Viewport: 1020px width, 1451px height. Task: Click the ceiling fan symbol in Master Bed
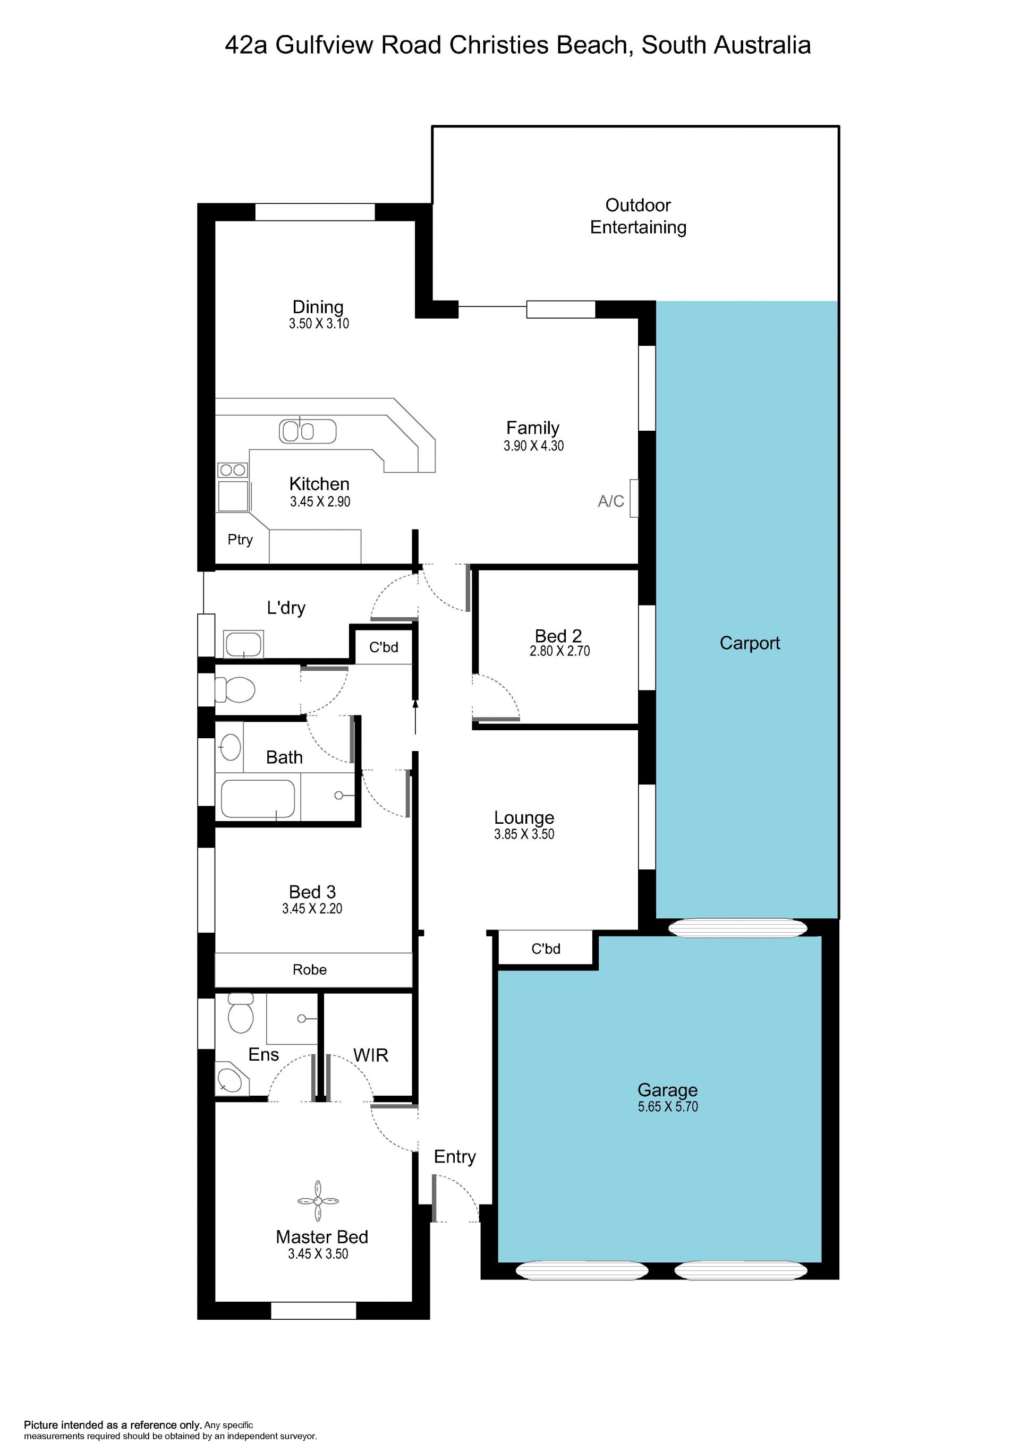tap(318, 1201)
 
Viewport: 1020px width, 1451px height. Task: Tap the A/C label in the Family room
tap(610, 501)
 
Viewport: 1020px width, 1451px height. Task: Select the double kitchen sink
tap(307, 432)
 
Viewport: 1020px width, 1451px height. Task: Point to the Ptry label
tap(240, 540)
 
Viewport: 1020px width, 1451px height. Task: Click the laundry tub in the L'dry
tap(243, 645)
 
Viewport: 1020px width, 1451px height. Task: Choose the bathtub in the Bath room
tap(258, 799)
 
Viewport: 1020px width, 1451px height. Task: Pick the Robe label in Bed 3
tap(310, 969)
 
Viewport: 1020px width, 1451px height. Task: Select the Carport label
tap(750, 643)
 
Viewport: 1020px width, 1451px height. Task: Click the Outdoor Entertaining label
tap(638, 216)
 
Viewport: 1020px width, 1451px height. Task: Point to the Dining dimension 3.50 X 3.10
tap(319, 323)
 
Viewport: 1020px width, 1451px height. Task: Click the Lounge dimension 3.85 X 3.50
tap(524, 834)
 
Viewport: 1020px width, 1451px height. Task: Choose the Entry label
tap(454, 1157)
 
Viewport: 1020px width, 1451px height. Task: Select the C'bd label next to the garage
tap(546, 949)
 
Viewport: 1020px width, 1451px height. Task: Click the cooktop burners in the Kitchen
tap(233, 470)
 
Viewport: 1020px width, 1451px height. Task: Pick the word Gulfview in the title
tap(324, 46)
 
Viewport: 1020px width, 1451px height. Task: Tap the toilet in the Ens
tap(240, 1012)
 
